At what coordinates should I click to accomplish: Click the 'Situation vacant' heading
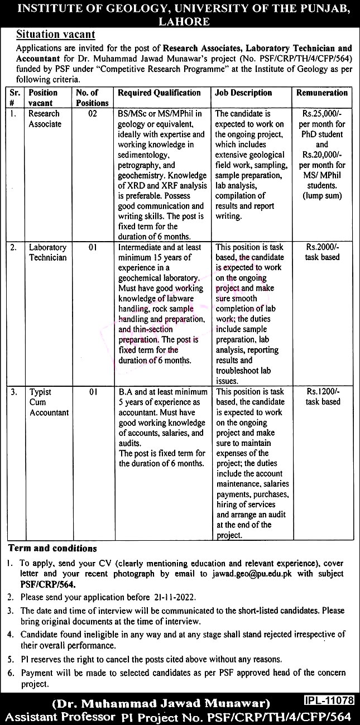coord(55,35)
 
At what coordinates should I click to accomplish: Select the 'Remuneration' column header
coord(322,93)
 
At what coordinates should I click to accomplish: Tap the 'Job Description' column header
coord(243,93)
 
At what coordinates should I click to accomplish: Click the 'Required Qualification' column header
coord(159,93)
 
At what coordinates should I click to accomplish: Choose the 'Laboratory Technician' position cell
coord(47,252)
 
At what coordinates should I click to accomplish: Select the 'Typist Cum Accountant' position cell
coord(49,402)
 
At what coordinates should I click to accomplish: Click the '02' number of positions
coord(92,114)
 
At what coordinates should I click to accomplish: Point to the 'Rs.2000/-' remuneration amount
coord(322,247)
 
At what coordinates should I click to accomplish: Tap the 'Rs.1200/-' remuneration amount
coord(322,392)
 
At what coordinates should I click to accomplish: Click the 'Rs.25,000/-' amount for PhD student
coord(322,114)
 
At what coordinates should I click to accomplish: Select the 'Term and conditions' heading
coord(52,549)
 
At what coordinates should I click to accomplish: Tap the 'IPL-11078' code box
coord(329,699)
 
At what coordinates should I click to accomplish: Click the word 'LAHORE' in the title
coord(180,22)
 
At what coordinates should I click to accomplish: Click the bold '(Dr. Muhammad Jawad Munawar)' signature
coord(160,703)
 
